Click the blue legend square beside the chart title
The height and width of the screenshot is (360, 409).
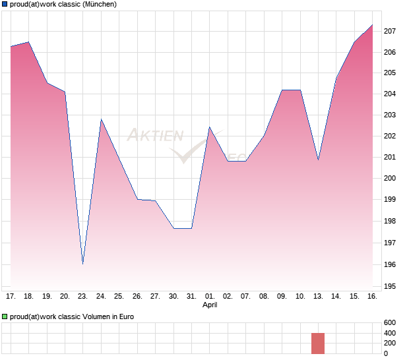click(x=5, y=5)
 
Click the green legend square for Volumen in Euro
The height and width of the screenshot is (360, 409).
click(x=5, y=317)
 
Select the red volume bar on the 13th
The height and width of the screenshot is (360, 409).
click(x=318, y=344)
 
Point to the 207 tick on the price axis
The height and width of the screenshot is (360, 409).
click(x=390, y=31)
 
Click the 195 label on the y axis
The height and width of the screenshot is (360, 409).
click(x=390, y=287)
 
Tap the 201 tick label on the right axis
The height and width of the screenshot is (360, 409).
click(x=390, y=157)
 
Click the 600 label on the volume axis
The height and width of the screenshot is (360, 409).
click(x=390, y=322)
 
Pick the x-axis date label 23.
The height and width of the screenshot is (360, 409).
click(x=83, y=297)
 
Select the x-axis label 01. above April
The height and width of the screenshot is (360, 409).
click(x=210, y=297)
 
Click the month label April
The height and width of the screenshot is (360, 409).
click(x=210, y=305)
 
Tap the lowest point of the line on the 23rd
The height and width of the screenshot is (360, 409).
click(x=83, y=264)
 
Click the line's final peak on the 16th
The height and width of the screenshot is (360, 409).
click(x=373, y=25)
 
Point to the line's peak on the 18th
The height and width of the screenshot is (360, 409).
click(x=28, y=42)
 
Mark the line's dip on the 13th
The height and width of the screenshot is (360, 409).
click(x=318, y=160)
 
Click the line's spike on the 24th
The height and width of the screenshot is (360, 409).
click(x=101, y=119)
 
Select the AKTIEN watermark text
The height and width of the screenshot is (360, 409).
click(x=154, y=136)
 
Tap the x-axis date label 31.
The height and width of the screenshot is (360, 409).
click(x=191, y=297)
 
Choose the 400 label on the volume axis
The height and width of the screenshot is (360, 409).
click(x=390, y=333)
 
